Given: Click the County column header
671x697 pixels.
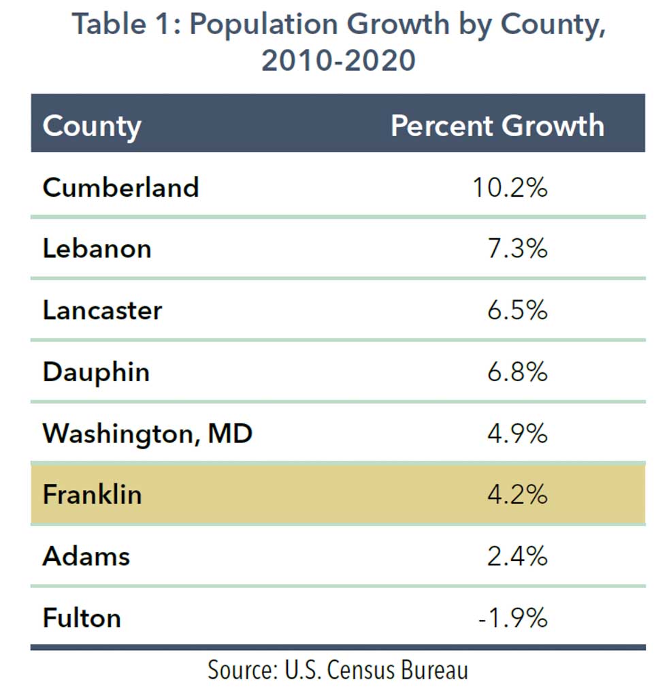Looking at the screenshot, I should (92, 126).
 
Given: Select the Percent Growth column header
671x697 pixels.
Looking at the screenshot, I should (497, 126).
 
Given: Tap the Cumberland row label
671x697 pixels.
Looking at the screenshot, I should (120, 187).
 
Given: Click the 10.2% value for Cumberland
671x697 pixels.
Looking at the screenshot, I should (510, 187).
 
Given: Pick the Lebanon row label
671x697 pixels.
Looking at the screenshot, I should (97, 248).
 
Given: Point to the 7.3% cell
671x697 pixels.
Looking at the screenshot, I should (517, 248).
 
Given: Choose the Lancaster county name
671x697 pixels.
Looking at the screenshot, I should (102, 310).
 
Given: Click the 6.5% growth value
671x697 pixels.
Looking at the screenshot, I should (517, 310).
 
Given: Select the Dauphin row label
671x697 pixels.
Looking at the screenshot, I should (96, 372).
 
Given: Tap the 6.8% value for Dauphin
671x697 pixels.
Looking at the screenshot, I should (517, 372).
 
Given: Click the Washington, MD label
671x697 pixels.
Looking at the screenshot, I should (147, 434).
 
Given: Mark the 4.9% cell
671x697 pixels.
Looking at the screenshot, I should (517, 434).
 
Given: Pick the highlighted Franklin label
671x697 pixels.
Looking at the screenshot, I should (92, 494).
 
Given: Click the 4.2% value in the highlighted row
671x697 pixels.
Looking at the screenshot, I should (517, 494).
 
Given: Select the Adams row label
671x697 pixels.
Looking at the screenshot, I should (86, 556).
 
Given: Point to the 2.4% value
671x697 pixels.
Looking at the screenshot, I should (517, 556).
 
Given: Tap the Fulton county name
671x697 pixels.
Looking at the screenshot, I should (82, 618).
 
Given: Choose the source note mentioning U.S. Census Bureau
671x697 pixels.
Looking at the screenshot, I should (338, 670).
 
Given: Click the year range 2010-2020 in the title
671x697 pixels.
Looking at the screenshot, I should (338, 60).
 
